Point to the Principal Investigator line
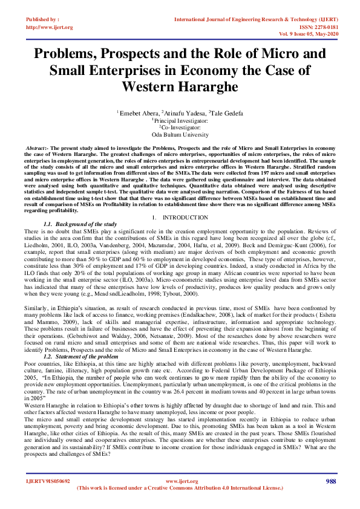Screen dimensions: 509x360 click(180, 120)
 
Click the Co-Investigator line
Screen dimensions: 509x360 click(180, 128)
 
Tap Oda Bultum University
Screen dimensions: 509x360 click(180, 135)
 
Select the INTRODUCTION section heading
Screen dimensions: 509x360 click(180, 217)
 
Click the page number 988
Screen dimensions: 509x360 click(330, 481)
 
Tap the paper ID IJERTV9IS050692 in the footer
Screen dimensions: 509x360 click(48, 481)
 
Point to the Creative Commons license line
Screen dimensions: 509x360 click(180, 487)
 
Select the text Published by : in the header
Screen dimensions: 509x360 click(42, 20)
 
